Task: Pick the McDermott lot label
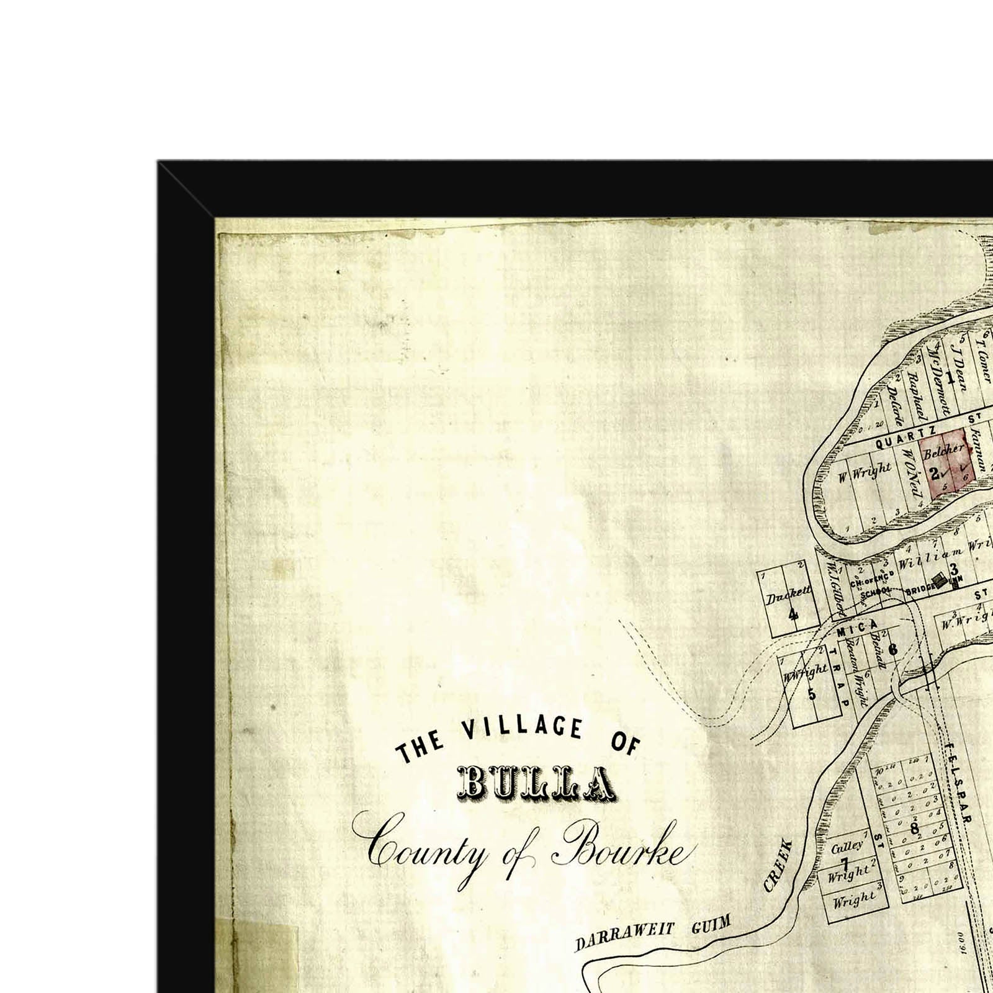point(938,388)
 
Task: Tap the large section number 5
point(811,694)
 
